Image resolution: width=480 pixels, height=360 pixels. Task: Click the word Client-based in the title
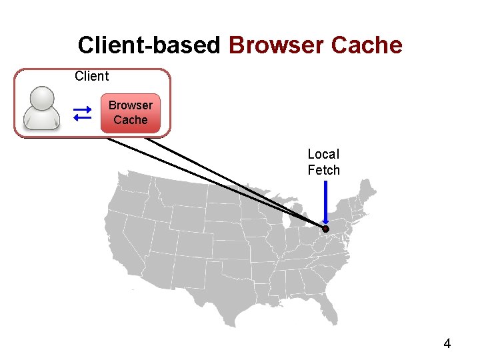[148, 45]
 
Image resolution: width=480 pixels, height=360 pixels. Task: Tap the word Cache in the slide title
[366, 45]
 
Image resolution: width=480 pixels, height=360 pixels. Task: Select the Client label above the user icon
[91, 76]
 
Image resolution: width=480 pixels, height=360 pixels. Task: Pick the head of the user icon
[42, 97]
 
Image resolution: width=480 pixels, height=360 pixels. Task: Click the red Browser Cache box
[131, 113]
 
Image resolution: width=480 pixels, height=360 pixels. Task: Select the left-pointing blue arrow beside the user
[82, 118]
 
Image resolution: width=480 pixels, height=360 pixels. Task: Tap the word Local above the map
[323, 155]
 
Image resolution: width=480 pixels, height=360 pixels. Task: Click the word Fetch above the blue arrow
[323, 170]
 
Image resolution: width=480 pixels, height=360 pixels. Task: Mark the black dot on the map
[326, 229]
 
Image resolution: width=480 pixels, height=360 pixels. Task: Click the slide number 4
[447, 344]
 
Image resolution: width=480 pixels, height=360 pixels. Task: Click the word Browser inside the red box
[131, 105]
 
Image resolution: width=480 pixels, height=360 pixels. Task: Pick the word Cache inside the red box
[131, 120]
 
